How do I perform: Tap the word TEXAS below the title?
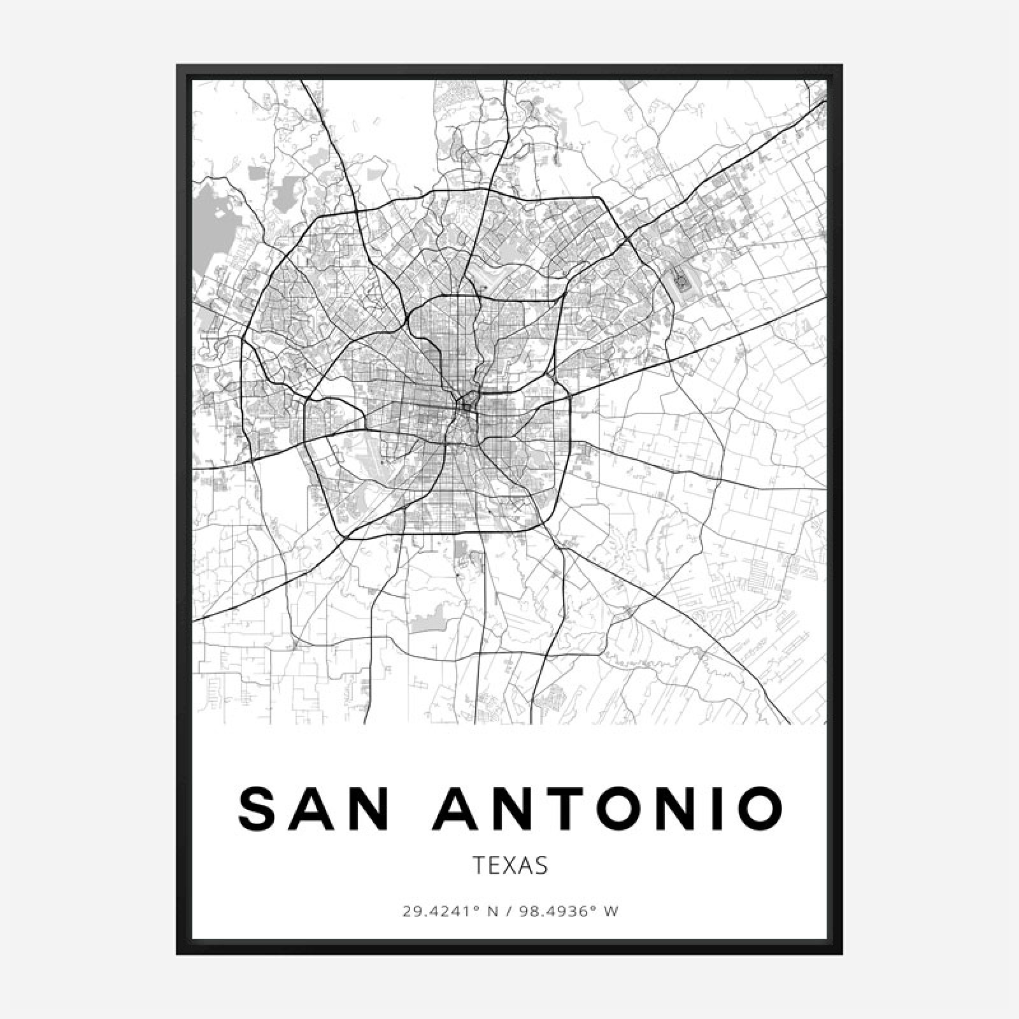tap(509, 866)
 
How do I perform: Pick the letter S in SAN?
tap(257, 808)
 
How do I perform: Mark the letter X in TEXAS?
tap(509, 866)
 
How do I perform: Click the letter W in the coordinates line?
tap(611, 912)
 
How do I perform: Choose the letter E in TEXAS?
tap(493, 866)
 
